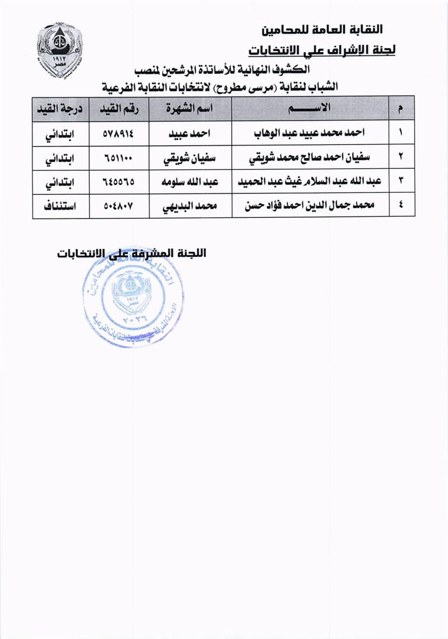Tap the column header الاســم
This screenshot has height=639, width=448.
click(311, 108)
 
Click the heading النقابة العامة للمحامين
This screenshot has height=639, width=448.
click(322, 30)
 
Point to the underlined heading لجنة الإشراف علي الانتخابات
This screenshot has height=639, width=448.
click(322, 50)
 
